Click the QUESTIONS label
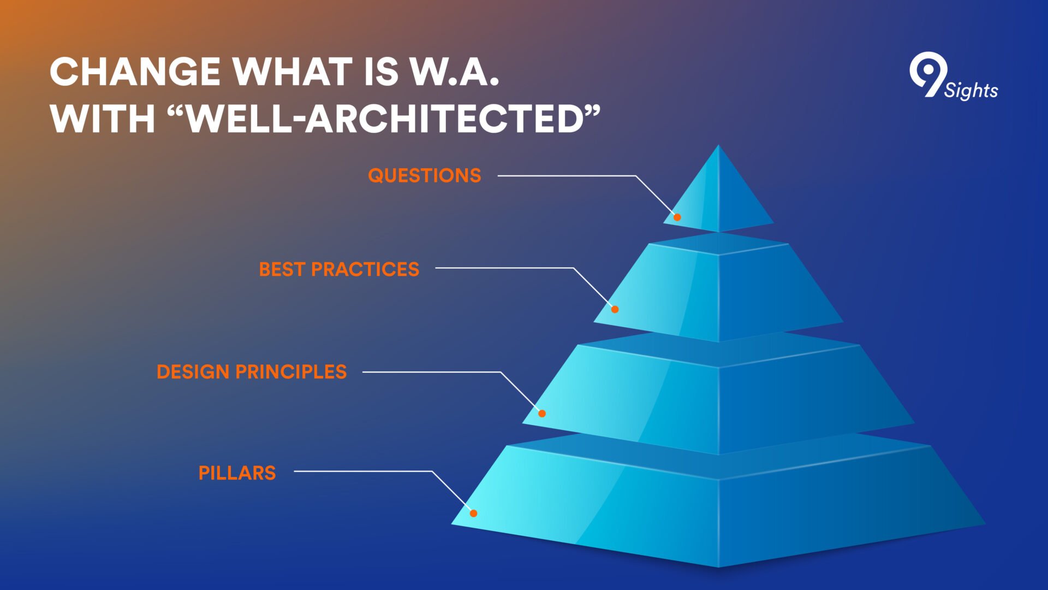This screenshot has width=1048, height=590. point(425,175)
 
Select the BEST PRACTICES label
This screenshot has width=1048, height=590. point(339,269)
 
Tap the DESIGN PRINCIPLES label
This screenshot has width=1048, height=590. point(252,372)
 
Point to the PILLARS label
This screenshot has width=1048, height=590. point(237,473)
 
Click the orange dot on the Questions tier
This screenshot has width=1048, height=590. point(677,217)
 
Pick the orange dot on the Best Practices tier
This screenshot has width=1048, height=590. point(615,309)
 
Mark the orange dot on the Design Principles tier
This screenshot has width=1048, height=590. point(542,413)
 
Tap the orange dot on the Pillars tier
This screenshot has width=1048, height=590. point(474,513)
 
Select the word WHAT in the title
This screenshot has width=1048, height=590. point(293,72)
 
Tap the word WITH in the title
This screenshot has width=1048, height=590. point(103,119)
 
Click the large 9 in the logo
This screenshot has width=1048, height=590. point(927,74)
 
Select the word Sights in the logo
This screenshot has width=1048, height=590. point(972,90)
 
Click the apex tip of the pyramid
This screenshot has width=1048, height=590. point(718,145)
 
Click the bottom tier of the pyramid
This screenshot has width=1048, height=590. point(718,503)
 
